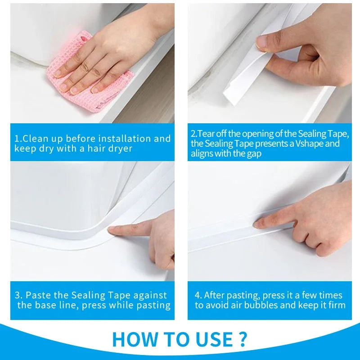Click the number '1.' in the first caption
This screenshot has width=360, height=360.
18,139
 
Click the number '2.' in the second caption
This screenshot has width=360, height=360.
194,134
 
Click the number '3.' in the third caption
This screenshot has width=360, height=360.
18,296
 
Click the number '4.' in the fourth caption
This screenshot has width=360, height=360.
198,296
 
